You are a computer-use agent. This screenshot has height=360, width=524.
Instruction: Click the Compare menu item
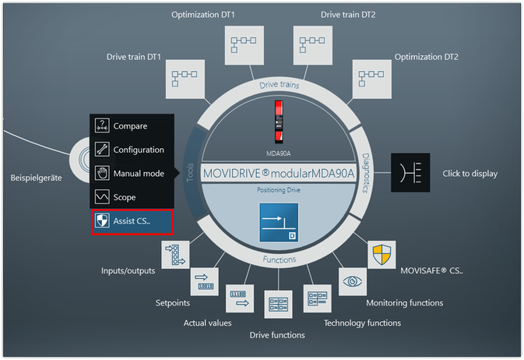(x=130, y=126)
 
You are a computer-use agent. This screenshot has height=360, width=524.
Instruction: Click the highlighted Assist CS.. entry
(x=130, y=221)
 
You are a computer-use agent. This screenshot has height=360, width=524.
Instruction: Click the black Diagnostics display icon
(x=410, y=172)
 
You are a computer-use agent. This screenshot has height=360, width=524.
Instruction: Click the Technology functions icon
(x=317, y=298)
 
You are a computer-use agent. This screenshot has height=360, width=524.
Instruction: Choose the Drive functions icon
(x=277, y=305)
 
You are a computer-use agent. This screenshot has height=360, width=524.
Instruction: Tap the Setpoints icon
(x=205, y=281)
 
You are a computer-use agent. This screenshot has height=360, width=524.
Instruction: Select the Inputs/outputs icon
(x=175, y=255)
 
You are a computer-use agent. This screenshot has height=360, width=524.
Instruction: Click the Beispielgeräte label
(x=36, y=177)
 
